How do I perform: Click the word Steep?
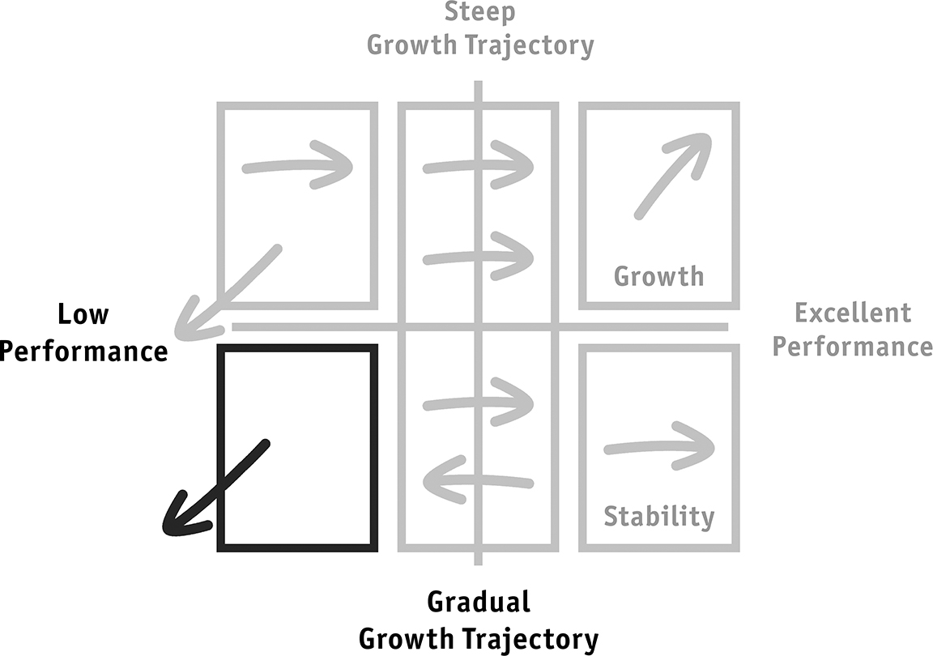click(479, 13)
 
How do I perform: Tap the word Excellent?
click(853, 313)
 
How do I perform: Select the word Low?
click(83, 313)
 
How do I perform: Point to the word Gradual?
click(479, 602)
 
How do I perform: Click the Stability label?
click(658, 516)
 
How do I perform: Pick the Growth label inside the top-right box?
click(658, 276)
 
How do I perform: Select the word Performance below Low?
click(84, 351)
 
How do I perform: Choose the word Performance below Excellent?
click(852, 346)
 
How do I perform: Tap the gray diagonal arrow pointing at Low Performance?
click(227, 291)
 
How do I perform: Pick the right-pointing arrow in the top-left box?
click(297, 165)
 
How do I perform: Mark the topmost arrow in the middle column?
click(478, 165)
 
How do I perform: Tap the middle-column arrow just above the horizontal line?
click(478, 256)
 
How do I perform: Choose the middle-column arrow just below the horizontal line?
click(478, 403)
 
